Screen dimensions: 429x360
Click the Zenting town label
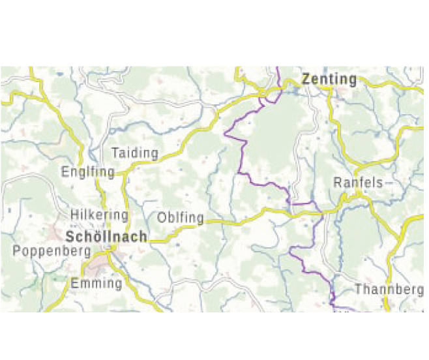[329, 80]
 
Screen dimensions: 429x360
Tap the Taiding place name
[135, 154]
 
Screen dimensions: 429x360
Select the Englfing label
[87, 172]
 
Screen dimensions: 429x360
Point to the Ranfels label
[358, 183]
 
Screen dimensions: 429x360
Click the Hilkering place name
[99, 215]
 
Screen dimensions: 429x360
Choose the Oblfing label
[181, 218]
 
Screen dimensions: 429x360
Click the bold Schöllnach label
[106, 236]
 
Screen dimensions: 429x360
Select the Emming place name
[96, 284]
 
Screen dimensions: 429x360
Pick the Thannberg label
[389, 289]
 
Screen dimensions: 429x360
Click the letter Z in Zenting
[306, 80]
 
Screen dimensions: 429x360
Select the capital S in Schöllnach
[71, 236]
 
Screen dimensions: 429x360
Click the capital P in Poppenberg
[16, 251]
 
